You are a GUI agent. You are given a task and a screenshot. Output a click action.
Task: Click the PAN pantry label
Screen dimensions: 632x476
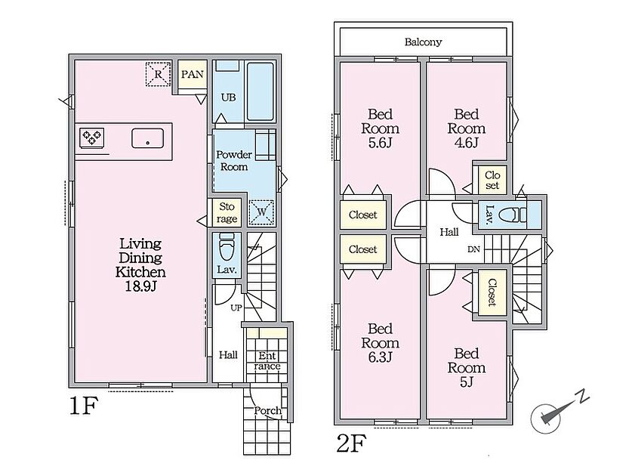coord(193,74)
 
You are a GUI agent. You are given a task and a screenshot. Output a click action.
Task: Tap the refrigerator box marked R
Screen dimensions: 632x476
coord(158,74)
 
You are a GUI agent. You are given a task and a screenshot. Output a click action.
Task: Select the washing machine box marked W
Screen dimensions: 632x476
coord(261,212)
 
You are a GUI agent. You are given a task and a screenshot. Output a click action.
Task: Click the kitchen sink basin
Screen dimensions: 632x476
coord(147,138)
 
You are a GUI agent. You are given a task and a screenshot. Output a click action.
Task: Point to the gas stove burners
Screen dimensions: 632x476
coord(92,138)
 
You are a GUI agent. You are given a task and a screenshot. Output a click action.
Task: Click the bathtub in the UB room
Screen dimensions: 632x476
coord(261,91)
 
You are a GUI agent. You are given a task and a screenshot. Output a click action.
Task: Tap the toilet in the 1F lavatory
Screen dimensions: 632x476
coord(227,248)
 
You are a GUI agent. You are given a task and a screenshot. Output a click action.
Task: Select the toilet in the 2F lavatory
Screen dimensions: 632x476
coord(513,215)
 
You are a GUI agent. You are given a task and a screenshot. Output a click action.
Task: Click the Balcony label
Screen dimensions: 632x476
coord(423,42)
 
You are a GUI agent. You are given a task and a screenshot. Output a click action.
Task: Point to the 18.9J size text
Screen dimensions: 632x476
coord(140,286)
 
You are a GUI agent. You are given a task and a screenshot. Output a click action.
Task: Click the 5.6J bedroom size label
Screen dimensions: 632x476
coord(380,142)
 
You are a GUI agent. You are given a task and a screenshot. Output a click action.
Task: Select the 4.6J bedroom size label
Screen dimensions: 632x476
coord(467,142)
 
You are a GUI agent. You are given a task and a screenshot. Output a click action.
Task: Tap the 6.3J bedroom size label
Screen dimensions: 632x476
coord(380,357)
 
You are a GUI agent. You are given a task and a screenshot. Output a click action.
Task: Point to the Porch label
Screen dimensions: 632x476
coord(267,411)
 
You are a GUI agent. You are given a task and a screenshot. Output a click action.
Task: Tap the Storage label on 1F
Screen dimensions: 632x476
coord(227,212)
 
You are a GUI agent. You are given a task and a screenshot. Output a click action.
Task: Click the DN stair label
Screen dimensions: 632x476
coord(473,249)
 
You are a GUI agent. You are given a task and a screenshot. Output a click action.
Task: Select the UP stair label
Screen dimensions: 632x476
coord(236,308)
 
